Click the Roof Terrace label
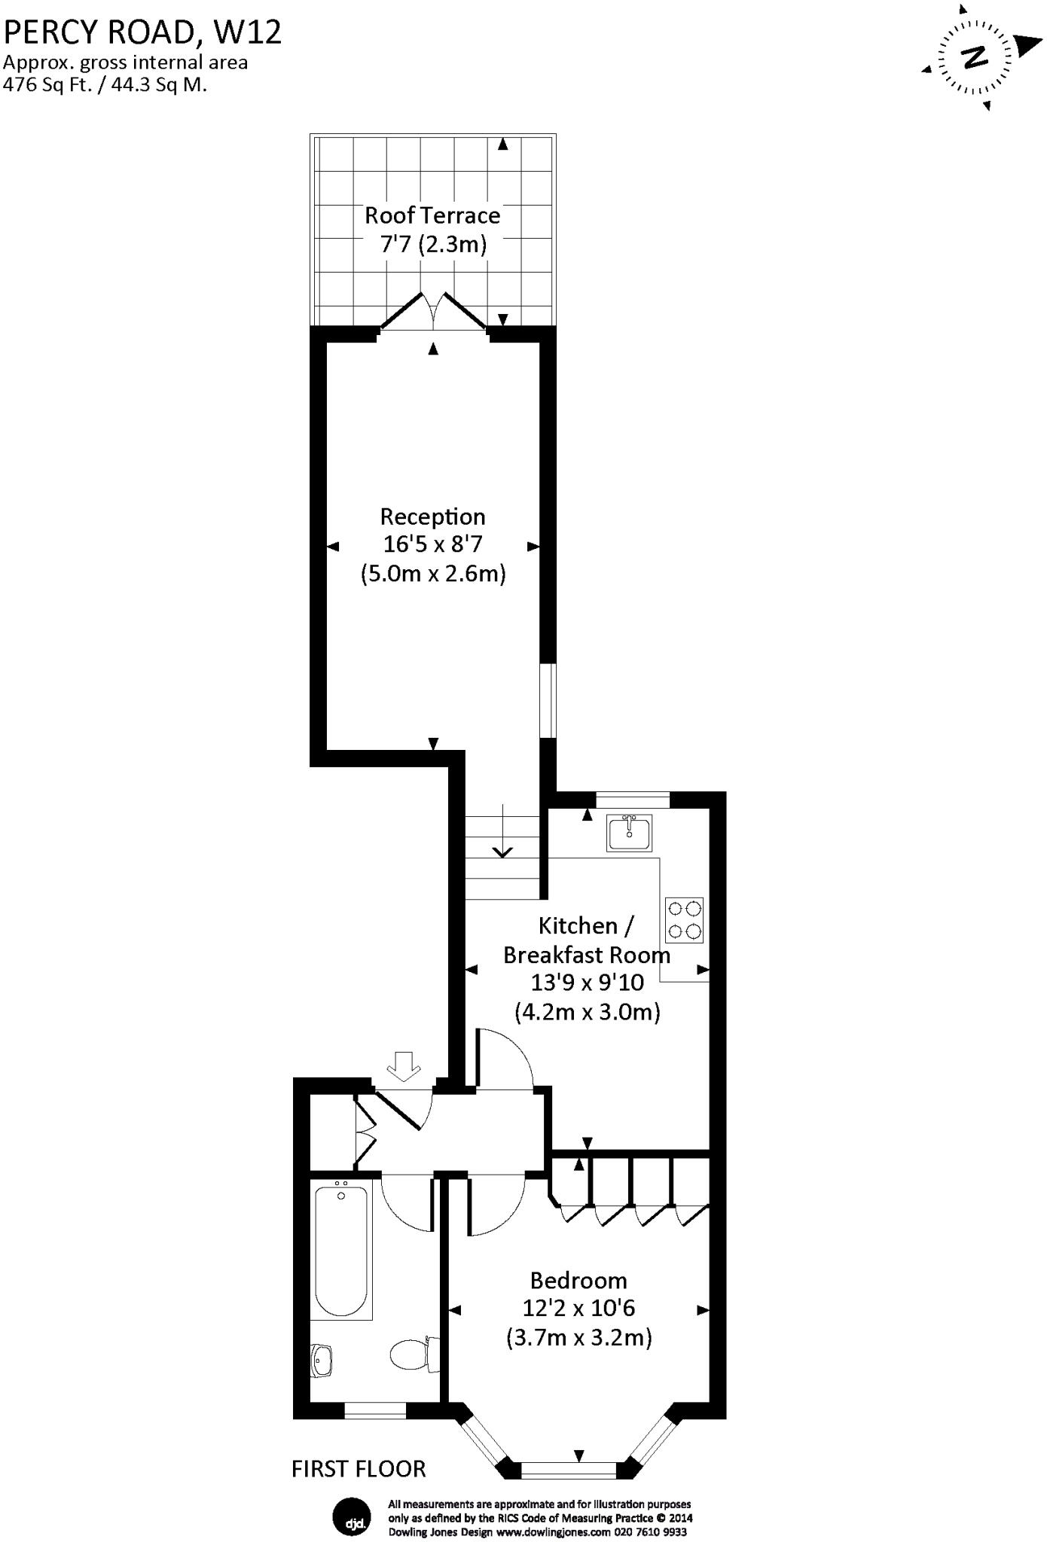(432, 216)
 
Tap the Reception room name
(432, 517)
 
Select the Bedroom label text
(578, 1280)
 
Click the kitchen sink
(629, 833)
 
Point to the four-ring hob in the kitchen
(685, 920)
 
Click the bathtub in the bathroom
(341, 1249)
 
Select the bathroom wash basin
(322, 1360)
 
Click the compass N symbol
(975, 57)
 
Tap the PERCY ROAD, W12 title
(143, 32)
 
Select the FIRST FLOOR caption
(359, 1469)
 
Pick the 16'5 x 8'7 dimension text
(432, 544)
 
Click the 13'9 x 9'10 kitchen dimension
(587, 983)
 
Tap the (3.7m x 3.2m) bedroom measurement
(578, 1337)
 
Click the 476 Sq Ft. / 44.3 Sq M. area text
(105, 85)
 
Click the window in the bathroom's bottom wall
(375, 1410)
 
